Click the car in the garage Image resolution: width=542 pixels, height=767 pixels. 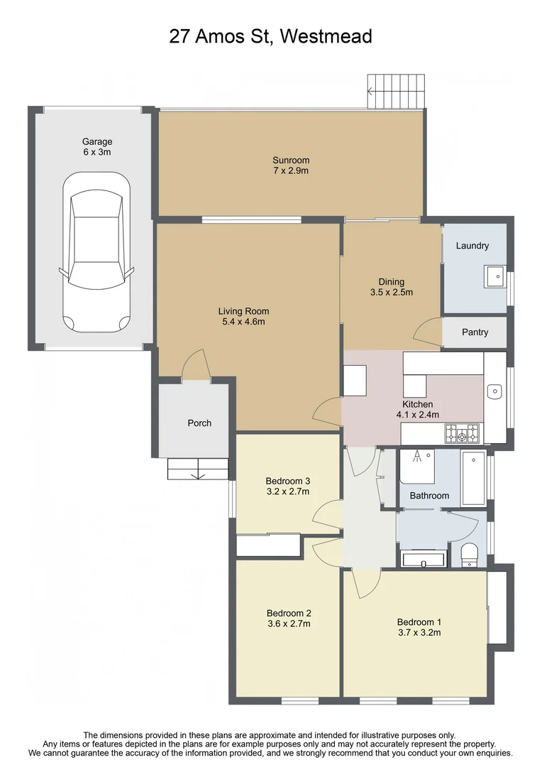coord(96,252)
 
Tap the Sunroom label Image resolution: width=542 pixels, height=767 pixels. coord(291,161)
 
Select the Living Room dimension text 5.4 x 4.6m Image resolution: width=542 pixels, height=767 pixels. coord(243,322)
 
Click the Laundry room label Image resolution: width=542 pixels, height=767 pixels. coord(472,246)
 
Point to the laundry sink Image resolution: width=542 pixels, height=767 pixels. coord(495,276)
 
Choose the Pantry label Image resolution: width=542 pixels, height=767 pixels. coord(475,332)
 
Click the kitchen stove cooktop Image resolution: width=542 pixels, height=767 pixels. coord(461,432)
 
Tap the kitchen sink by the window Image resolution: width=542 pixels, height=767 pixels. coord(495,391)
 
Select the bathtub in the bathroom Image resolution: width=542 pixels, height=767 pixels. coord(472,477)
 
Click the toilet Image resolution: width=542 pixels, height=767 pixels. coord(470,555)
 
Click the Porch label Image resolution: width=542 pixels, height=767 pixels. coord(199,423)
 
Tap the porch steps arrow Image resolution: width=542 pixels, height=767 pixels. coord(199,469)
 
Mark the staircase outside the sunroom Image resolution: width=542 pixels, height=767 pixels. coord(394,92)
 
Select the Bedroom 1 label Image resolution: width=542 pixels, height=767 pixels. coord(419,621)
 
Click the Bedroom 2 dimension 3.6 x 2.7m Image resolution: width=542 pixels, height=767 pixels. coord(289,624)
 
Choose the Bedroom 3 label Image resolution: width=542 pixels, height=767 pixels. coord(288,481)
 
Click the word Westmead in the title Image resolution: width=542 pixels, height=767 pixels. coord(326,36)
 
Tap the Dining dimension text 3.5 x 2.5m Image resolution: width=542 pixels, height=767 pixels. coord(391,292)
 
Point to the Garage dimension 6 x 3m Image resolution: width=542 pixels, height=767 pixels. coord(96,152)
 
